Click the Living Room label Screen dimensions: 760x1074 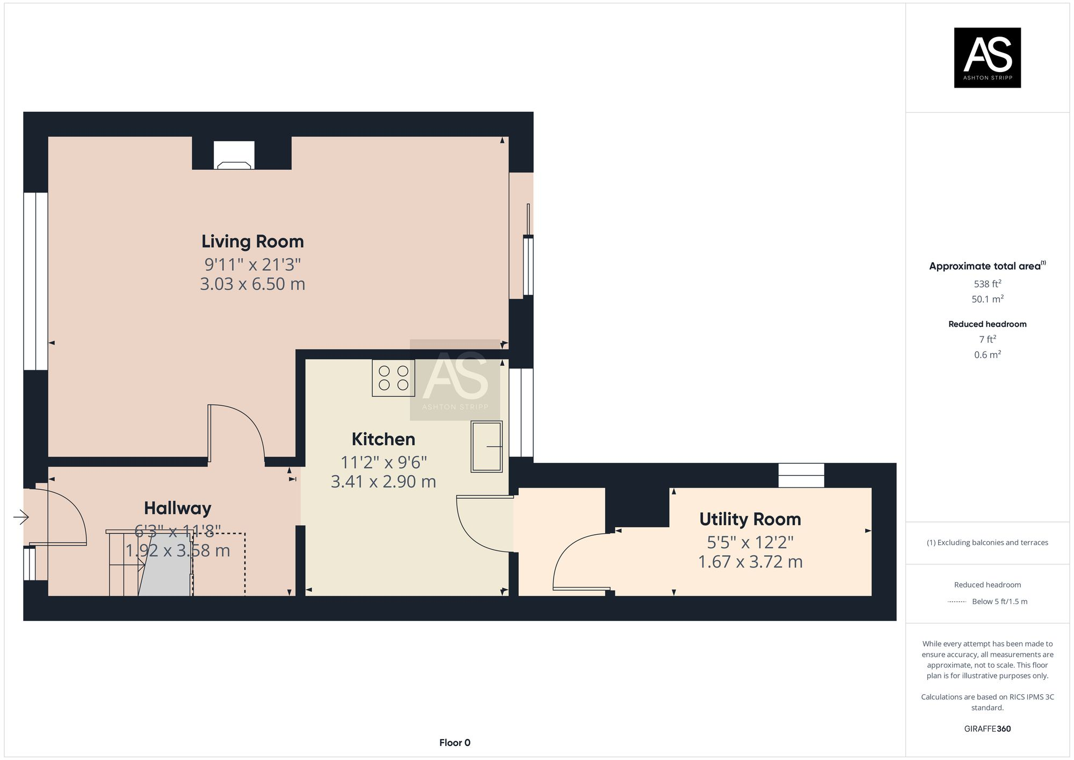[x=252, y=241]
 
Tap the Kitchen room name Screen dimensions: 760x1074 [x=383, y=439]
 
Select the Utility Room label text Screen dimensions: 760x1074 [x=750, y=519]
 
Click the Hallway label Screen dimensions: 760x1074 [x=177, y=508]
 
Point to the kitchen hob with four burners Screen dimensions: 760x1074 [x=393, y=378]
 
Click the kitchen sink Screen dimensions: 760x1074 [x=486, y=446]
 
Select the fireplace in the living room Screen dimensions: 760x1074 [x=234, y=156]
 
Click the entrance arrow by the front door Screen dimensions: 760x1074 [x=21, y=517]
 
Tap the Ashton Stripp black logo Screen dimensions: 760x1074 [x=987, y=58]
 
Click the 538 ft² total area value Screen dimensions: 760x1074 [x=987, y=284]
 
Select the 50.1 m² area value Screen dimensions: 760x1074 [x=987, y=299]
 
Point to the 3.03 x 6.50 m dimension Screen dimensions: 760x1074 [x=252, y=284]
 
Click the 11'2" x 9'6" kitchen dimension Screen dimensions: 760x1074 [x=383, y=462]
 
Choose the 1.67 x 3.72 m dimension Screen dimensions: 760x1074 [x=750, y=562]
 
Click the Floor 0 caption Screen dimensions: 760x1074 [x=454, y=743]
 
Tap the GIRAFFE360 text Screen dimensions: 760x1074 [x=987, y=729]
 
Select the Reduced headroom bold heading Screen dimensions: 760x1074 [x=987, y=324]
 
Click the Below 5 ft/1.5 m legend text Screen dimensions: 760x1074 [x=999, y=601]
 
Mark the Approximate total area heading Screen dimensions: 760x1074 [x=985, y=266]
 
